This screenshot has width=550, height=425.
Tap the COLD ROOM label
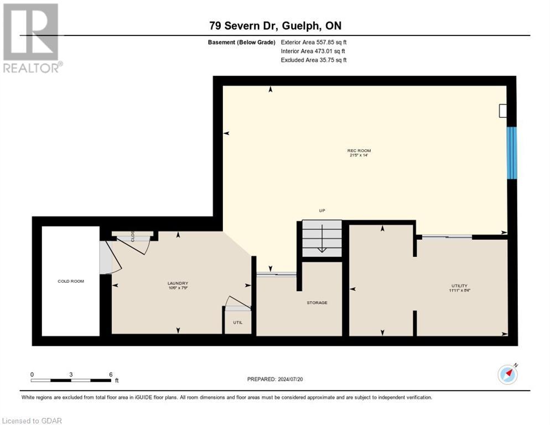(x=71, y=281)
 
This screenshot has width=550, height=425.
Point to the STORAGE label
(x=317, y=303)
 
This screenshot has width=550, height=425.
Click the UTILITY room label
(x=459, y=286)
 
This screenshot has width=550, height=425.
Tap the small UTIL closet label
(x=237, y=322)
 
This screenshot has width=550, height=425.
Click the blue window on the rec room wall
(x=512, y=153)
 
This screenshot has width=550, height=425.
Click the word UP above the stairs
(x=321, y=211)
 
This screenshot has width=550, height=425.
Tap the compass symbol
(x=507, y=375)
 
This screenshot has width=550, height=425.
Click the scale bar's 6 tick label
(x=111, y=374)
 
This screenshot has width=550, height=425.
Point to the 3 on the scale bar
(x=71, y=374)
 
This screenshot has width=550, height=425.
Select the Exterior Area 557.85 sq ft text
(x=314, y=42)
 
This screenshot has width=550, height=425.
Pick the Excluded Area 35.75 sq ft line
(x=314, y=60)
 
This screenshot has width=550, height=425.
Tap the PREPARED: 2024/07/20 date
(x=275, y=379)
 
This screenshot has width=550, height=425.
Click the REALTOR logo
(x=31, y=38)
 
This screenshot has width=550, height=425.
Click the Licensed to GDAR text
(x=32, y=421)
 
